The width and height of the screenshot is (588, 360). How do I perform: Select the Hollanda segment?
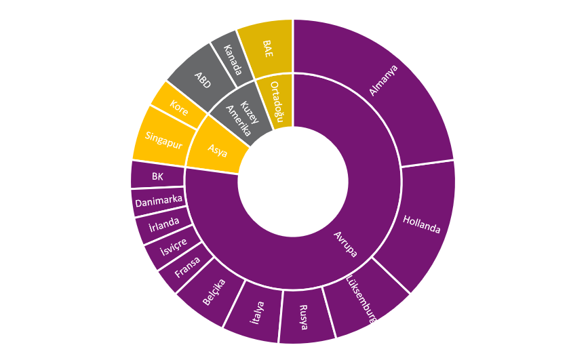421,224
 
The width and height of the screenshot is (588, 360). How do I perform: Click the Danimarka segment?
157,201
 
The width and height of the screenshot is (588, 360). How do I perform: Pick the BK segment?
157,176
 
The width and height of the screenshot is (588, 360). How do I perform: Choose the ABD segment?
202,78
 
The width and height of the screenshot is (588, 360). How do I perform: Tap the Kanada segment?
232,56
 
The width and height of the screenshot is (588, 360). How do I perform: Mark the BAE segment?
267,47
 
